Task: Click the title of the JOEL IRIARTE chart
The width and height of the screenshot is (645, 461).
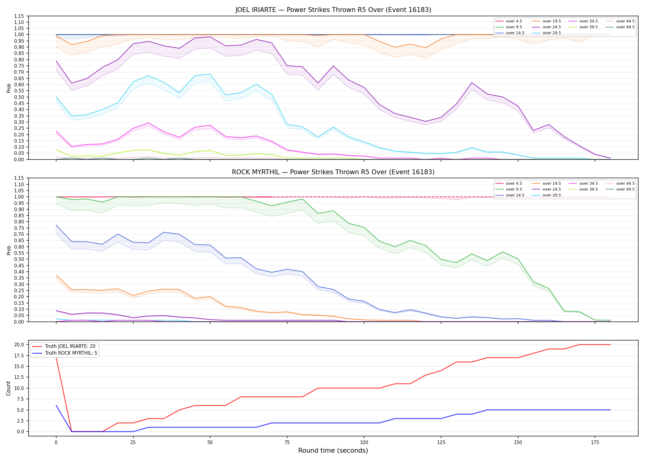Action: tap(333, 10)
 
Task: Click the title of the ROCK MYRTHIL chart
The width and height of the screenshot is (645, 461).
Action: tap(333, 172)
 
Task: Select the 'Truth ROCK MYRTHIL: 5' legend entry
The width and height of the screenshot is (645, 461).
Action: tap(64, 353)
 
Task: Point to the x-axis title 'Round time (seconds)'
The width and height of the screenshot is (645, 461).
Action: tap(333, 451)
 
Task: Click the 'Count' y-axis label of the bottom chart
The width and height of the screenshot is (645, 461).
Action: tap(8, 388)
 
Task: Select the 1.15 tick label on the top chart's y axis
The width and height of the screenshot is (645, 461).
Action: tap(19, 16)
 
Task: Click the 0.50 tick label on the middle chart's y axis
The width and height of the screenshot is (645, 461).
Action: tap(19, 259)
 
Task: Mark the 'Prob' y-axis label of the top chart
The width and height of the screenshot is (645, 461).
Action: tap(9, 88)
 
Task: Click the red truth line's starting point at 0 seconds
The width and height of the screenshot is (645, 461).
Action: tap(56, 357)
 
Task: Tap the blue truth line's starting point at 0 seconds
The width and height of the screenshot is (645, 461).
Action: tap(56, 405)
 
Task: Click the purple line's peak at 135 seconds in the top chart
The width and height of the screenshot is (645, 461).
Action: tap(472, 83)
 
